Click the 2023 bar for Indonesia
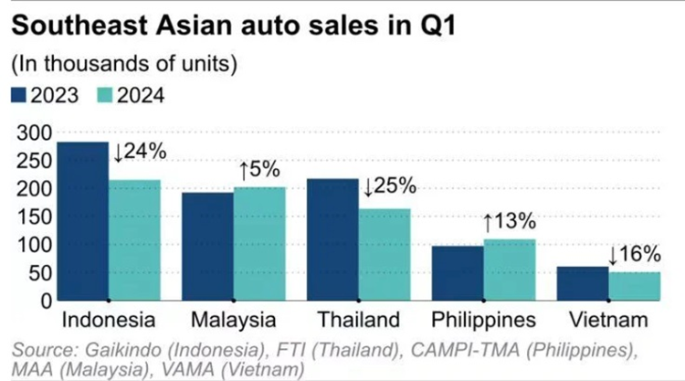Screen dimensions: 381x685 (x=83, y=220)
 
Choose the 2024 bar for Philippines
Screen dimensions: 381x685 (x=509, y=270)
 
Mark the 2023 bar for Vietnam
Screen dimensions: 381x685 (x=583, y=283)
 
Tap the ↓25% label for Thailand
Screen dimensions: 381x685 (x=390, y=187)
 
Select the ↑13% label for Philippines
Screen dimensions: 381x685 (x=509, y=222)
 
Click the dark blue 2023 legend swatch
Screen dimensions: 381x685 (x=19, y=95)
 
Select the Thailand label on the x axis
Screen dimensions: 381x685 (x=358, y=321)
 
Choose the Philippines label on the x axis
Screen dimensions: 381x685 (x=483, y=321)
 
